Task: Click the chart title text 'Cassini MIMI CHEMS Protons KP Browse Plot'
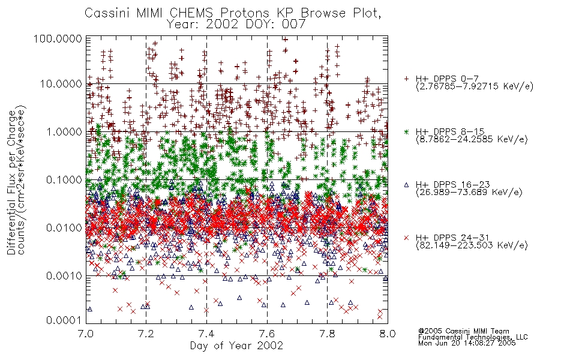click(x=233, y=13)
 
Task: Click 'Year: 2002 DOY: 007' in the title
click(x=236, y=25)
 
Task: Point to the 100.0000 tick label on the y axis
click(x=58, y=38)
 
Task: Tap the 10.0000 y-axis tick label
click(x=61, y=84)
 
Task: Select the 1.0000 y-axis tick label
click(x=64, y=131)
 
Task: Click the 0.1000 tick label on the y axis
click(x=64, y=179)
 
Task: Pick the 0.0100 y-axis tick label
click(x=64, y=228)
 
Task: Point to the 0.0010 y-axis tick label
click(x=64, y=276)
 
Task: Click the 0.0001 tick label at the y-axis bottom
click(x=64, y=320)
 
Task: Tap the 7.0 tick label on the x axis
click(x=86, y=334)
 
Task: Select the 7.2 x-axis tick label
click(x=146, y=334)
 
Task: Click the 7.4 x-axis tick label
click(x=206, y=334)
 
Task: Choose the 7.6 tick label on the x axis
click(x=267, y=334)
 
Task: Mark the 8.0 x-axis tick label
click(x=388, y=334)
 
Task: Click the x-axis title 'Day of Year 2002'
click(x=236, y=346)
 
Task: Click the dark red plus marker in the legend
click(x=406, y=79)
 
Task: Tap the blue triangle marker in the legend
click(x=406, y=185)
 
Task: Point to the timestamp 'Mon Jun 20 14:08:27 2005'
click(x=467, y=343)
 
